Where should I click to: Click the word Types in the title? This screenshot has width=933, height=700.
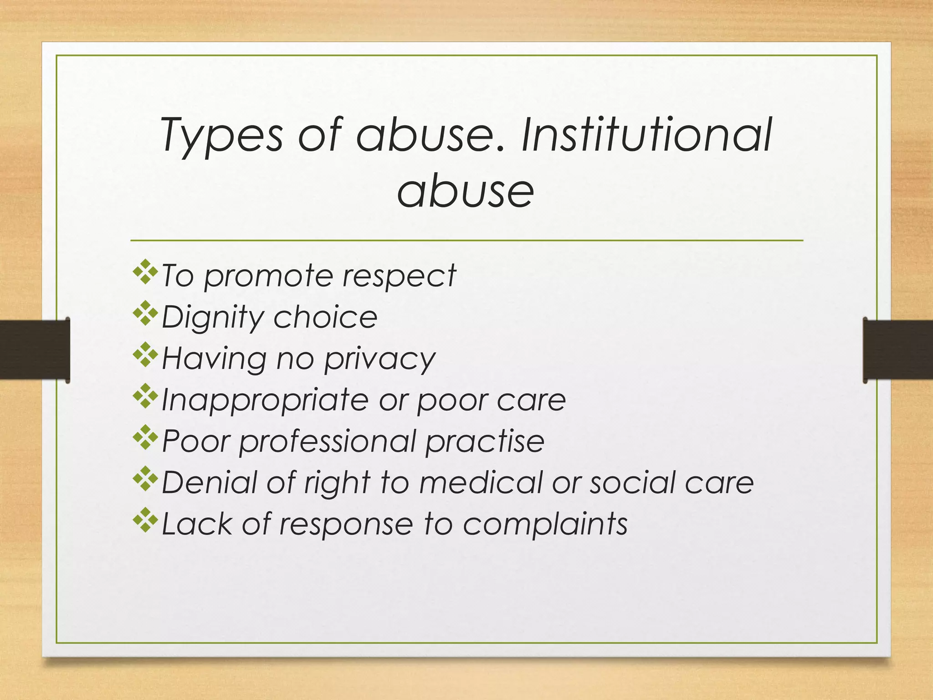[x=222, y=135]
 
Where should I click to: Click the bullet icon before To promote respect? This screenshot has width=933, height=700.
[x=145, y=272]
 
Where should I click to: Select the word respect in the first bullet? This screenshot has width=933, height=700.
[x=399, y=276]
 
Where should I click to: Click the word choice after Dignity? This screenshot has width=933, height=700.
[x=325, y=317]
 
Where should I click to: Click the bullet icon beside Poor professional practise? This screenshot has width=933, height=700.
[x=145, y=437]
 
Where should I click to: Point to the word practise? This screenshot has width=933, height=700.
[x=485, y=442]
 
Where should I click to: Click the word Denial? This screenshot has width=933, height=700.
[x=209, y=482]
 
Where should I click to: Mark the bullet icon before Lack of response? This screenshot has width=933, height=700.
[x=145, y=520]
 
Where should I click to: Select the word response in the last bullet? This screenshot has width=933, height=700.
[x=346, y=525]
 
